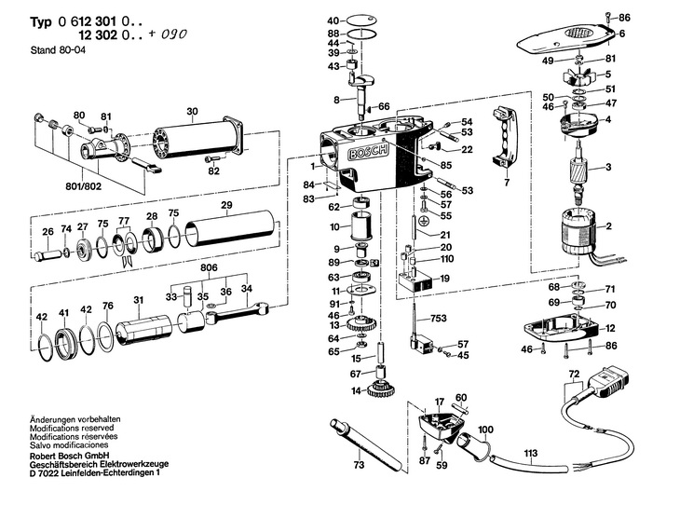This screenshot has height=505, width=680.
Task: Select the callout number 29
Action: click(225, 205)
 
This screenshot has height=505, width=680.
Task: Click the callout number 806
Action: click(209, 267)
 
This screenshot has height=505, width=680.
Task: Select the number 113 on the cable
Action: click(532, 456)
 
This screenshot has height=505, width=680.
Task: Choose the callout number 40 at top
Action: click(334, 20)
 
